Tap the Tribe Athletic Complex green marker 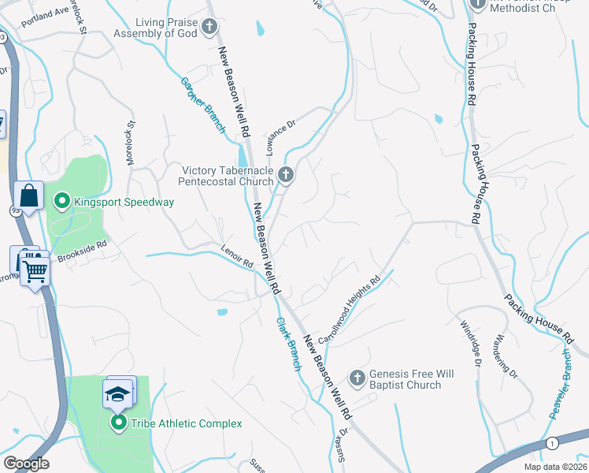pos(119,423)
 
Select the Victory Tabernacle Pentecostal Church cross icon pos(286,174)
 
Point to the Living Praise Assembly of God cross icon pos(209,27)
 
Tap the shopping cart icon pos(35,270)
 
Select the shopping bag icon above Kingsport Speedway pos(28,196)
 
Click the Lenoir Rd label pos(237,258)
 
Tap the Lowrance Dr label pos(280,135)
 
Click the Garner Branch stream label pos(203,105)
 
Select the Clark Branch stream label pos(288,345)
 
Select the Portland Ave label pos(46,17)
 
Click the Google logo pos(26,464)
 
